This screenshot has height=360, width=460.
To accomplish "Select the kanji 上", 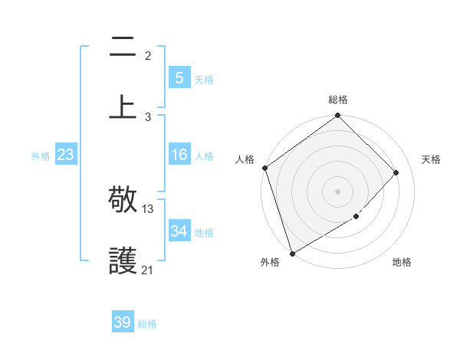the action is (123, 106).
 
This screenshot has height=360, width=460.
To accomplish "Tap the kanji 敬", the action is (123, 201).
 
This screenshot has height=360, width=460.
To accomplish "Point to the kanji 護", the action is (123, 261).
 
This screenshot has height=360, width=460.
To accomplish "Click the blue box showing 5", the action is (179, 77).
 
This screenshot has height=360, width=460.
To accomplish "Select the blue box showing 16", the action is (179, 155).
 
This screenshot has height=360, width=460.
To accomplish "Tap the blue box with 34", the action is (179, 231).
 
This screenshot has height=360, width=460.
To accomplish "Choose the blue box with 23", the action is (66, 155).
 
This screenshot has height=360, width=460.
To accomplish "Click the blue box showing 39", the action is (123, 322).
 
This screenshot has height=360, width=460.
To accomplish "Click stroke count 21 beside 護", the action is (148, 270).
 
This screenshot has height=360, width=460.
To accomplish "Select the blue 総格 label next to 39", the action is (147, 324).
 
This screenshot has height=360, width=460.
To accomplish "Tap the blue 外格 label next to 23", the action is (41, 156).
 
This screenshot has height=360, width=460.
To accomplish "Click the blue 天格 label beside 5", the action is (203, 79).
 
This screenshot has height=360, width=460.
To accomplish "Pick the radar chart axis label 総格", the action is (338, 100).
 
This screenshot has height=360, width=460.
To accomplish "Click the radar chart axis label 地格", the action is (402, 262).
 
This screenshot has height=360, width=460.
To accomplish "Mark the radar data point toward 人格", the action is (264, 168).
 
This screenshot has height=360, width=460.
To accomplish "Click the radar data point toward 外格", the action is (291, 253).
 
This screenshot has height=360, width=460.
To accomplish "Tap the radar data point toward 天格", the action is (396, 172).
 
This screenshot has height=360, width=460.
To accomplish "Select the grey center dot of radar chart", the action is (337, 191).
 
